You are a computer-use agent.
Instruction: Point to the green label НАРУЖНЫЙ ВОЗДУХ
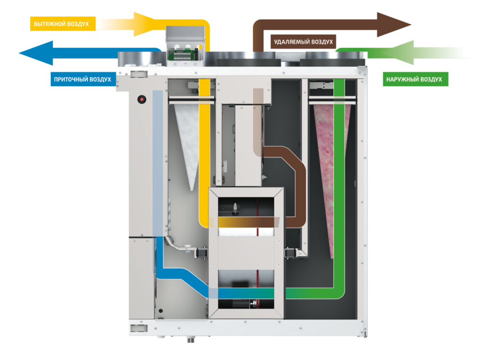point(415,80)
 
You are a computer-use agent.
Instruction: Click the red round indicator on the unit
point(140,99)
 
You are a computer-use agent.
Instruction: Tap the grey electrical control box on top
point(186,45)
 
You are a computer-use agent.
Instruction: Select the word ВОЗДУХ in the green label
point(431,80)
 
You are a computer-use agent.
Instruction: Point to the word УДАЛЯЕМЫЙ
point(291,42)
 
